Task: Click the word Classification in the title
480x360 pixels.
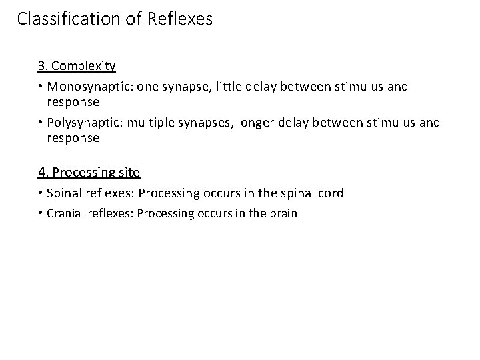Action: point(67,19)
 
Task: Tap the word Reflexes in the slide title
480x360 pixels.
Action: point(182,19)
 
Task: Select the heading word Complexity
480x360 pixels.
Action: point(83,66)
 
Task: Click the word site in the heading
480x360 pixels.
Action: point(129,172)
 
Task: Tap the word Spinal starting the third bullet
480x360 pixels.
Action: point(65,193)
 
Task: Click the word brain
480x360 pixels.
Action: point(283,213)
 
